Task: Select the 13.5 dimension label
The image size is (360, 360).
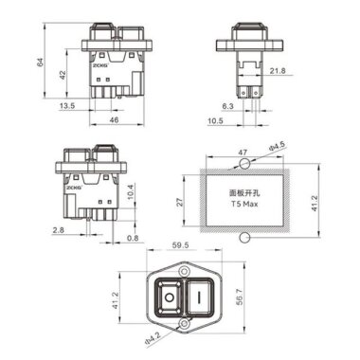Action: [x=65, y=106]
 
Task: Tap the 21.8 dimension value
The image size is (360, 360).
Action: [x=278, y=71]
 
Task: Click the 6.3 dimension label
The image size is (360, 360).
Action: [x=228, y=106]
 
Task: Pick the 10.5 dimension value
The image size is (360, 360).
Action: [x=216, y=121]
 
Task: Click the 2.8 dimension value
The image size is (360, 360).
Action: [x=59, y=229]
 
